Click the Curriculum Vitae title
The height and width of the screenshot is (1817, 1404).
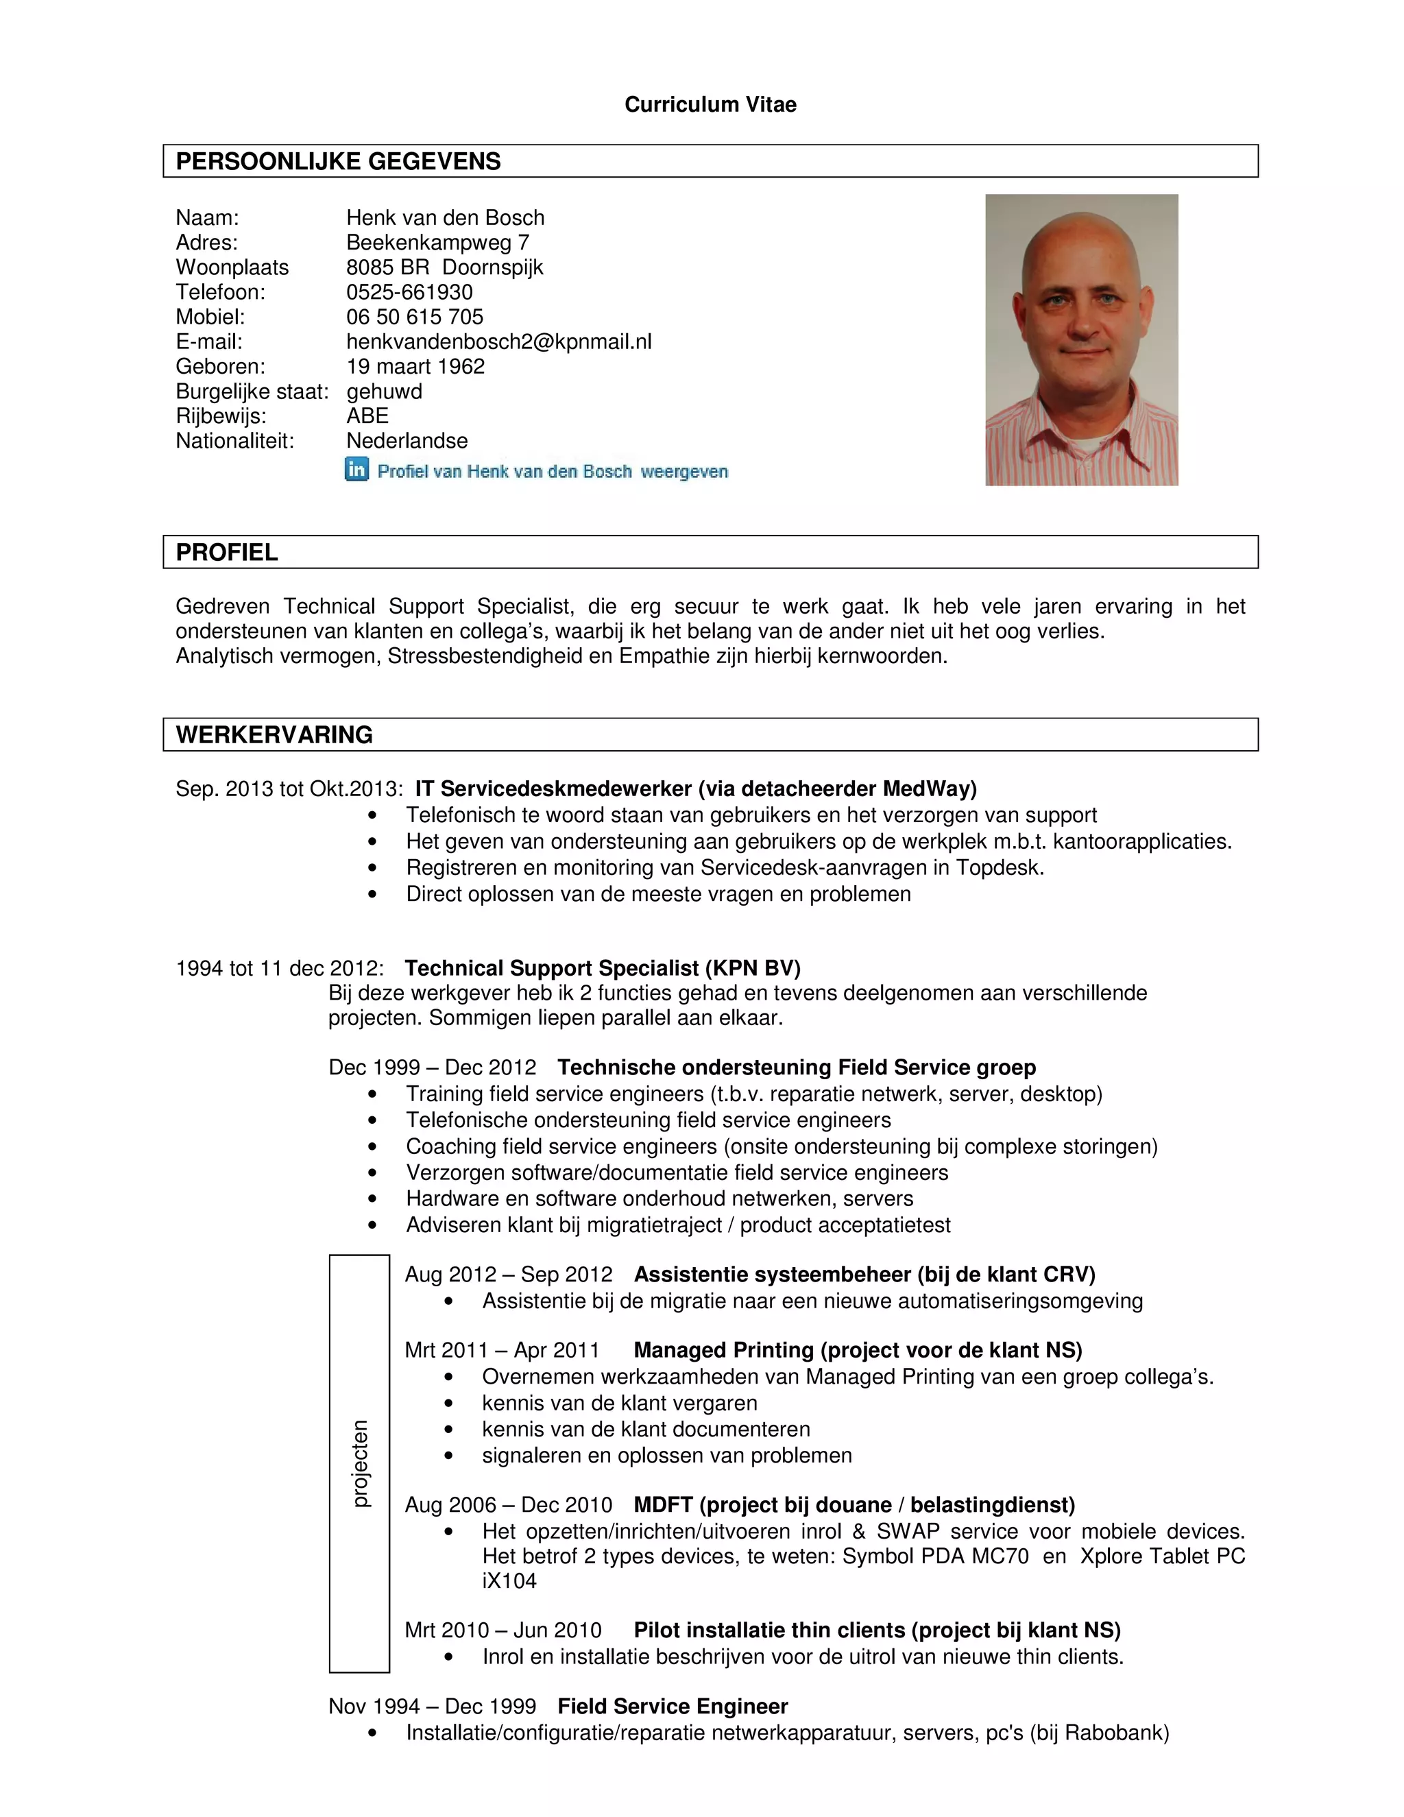710,104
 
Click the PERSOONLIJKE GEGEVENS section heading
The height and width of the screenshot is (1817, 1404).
338,161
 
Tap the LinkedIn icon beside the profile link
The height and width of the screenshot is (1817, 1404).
356,470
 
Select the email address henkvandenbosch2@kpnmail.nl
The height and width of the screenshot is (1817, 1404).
498,342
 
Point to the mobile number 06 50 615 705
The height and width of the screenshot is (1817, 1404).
414,317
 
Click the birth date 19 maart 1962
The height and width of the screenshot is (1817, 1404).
415,367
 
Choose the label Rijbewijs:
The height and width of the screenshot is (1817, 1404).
221,416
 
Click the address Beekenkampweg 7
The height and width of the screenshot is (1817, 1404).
437,243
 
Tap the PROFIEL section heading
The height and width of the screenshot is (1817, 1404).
226,553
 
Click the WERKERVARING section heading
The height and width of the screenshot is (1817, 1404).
274,734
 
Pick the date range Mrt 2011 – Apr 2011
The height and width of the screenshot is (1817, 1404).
502,1350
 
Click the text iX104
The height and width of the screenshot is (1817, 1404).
509,1580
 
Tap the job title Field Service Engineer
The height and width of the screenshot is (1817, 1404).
672,1707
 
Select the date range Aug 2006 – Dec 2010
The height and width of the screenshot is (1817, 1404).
508,1505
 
